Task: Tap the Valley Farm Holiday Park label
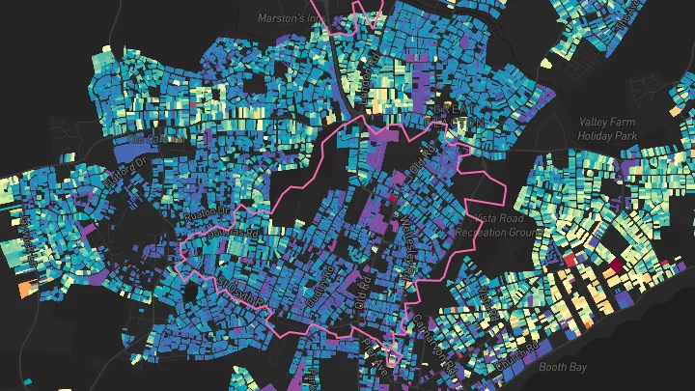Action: [609, 129]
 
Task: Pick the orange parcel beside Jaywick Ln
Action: [25, 289]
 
